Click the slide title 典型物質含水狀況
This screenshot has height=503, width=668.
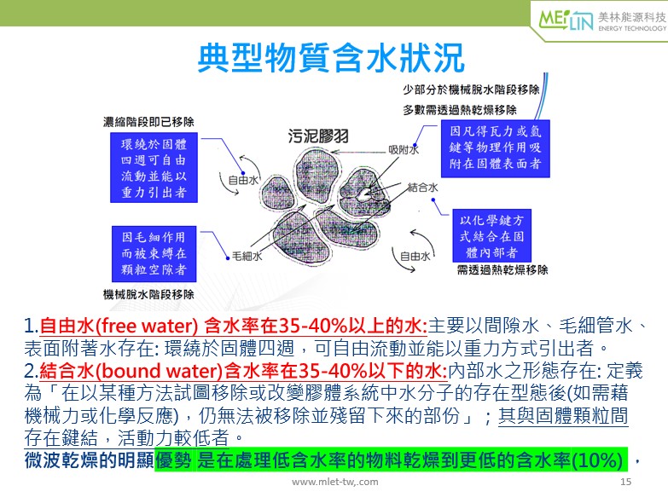point(331,58)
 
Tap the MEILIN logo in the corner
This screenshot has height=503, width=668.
point(566,20)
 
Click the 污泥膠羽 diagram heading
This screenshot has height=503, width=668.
point(318,136)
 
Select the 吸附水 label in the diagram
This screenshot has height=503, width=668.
point(404,149)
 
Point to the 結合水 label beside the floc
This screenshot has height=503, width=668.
point(422,188)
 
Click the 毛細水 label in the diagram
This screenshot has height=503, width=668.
point(247,256)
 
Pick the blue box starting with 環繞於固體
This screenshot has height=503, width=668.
point(154,167)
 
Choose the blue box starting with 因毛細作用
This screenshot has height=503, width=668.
point(154,253)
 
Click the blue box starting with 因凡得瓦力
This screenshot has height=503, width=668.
point(495,148)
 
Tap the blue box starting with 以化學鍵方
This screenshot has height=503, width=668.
point(491,236)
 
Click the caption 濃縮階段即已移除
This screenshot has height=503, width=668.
point(148,122)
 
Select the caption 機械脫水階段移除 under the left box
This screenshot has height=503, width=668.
point(148,294)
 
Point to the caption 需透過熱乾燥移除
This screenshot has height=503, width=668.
point(502,269)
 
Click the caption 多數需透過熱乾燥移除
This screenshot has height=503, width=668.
point(460,110)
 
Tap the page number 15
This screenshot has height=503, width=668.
point(626,482)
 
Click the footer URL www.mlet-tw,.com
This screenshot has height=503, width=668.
point(334,482)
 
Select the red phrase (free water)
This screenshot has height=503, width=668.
point(147,327)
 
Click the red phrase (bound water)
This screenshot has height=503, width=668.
point(159,371)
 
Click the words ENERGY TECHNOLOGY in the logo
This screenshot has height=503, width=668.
point(632,28)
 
